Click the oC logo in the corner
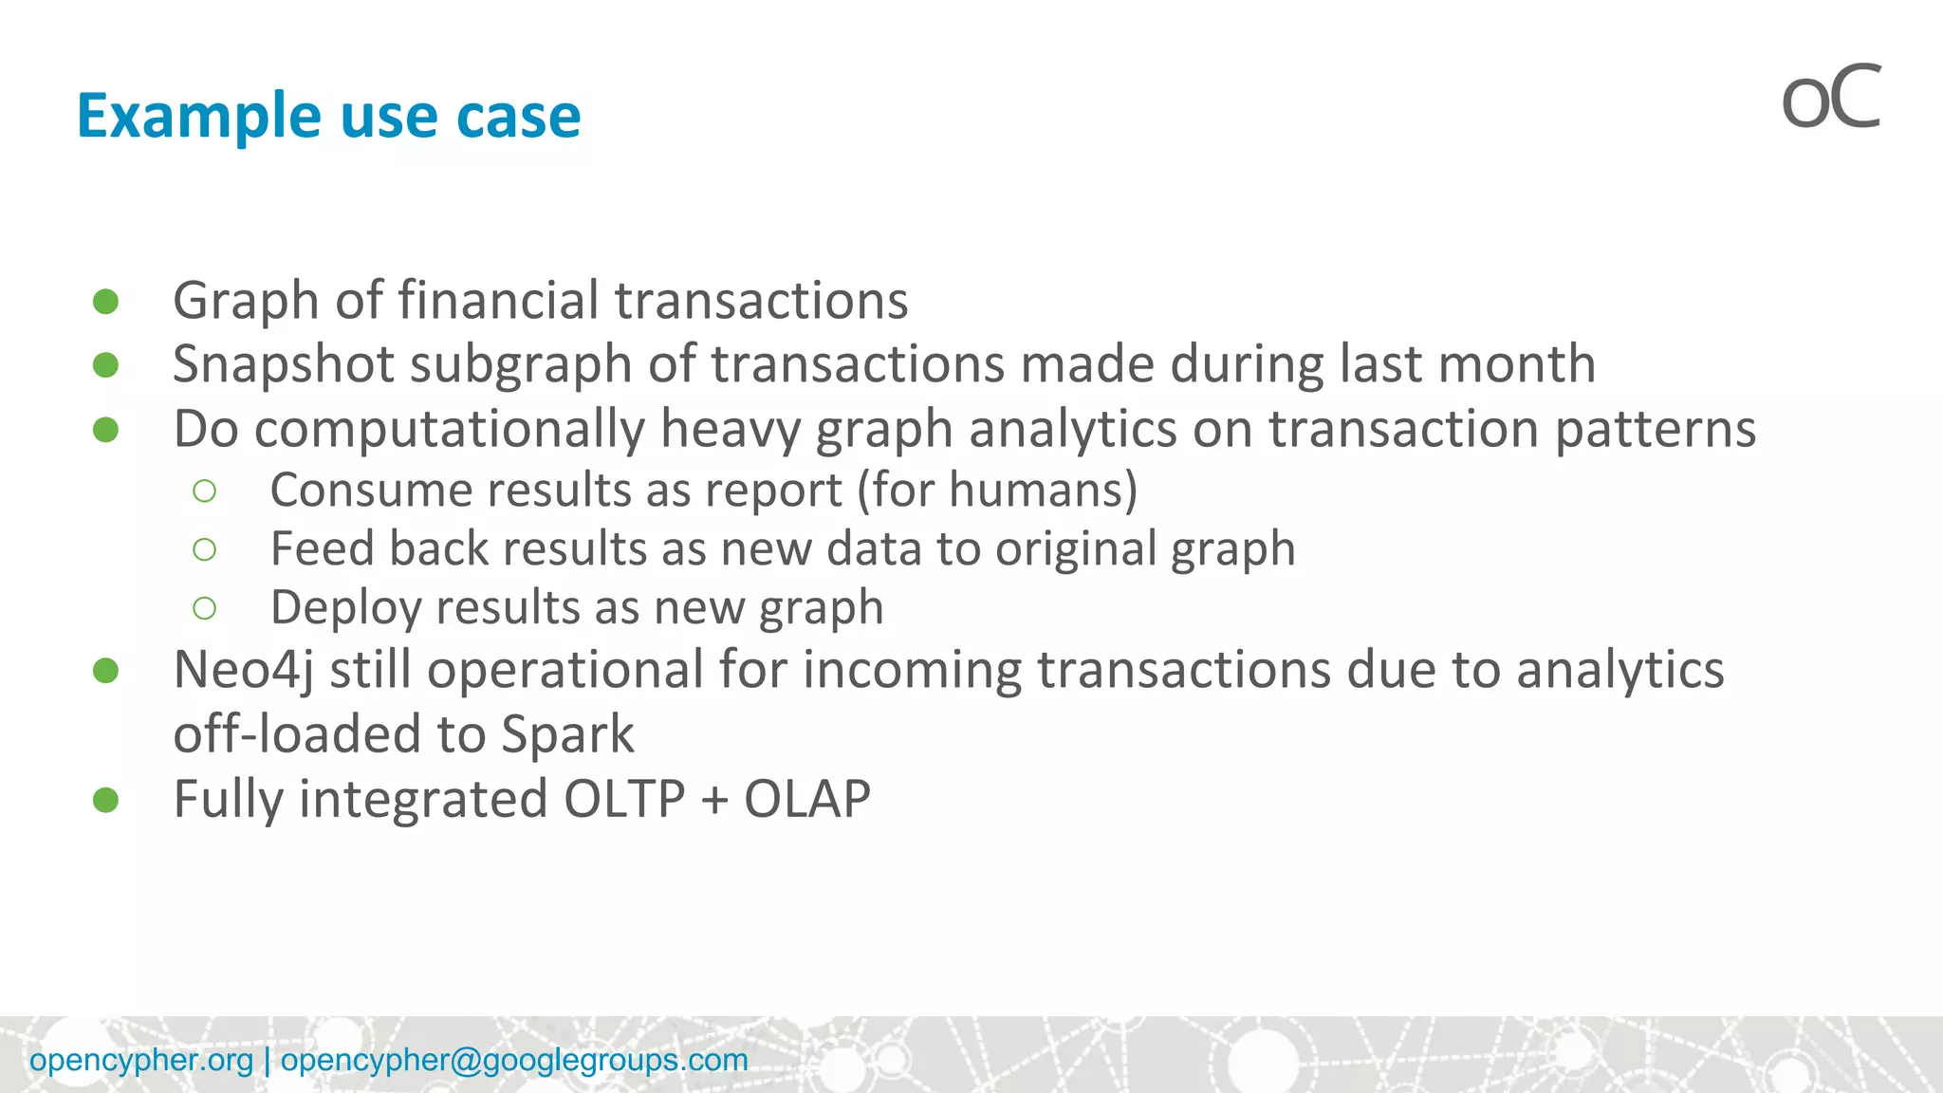1830,98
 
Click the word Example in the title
198,116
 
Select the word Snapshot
283,364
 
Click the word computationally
449,429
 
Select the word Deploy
345,608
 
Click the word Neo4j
243,670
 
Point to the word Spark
567,734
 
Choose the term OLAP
806,799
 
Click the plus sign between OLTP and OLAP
714,801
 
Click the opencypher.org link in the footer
141,1060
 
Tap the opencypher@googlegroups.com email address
514,1060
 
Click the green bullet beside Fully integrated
106,800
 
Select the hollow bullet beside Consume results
204,491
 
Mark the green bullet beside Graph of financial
106,302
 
